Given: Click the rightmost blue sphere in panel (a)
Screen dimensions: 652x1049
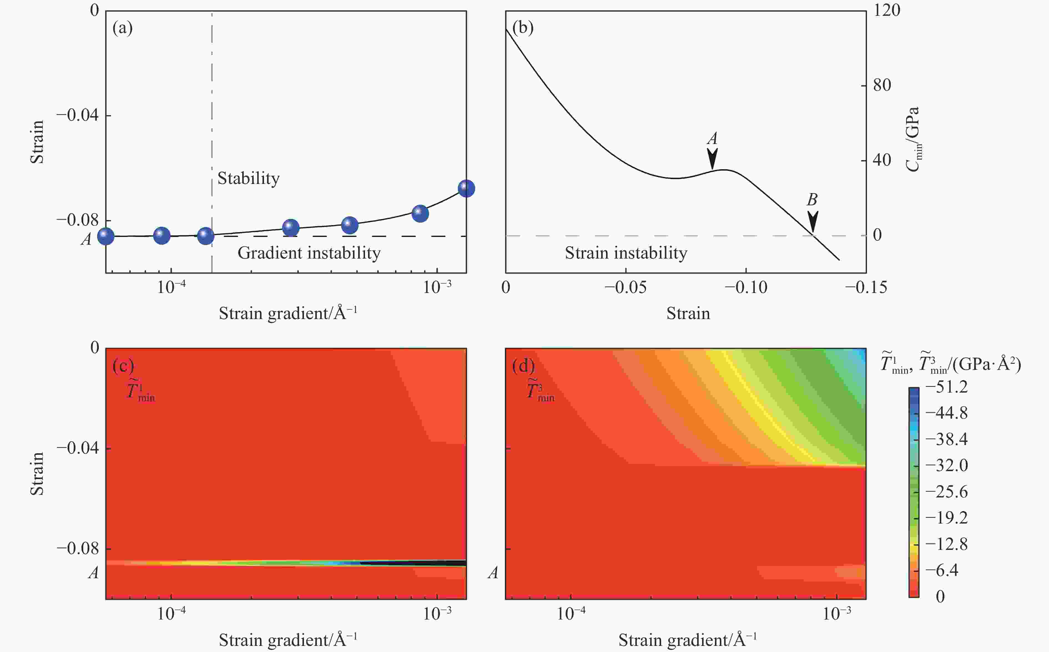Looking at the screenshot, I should [x=466, y=188].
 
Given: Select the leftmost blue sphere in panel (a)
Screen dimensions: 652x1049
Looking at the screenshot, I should [x=106, y=236].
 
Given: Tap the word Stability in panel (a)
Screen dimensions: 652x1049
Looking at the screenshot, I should [x=248, y=178].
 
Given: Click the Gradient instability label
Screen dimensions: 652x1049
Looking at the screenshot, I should [x=309, y=253].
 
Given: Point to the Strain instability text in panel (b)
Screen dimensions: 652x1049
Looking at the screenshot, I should [x=626, y=253].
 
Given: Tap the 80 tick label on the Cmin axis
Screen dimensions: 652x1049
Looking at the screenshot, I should [x=882, y=85].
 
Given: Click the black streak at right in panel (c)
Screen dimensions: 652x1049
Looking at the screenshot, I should [x=414, y=563].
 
